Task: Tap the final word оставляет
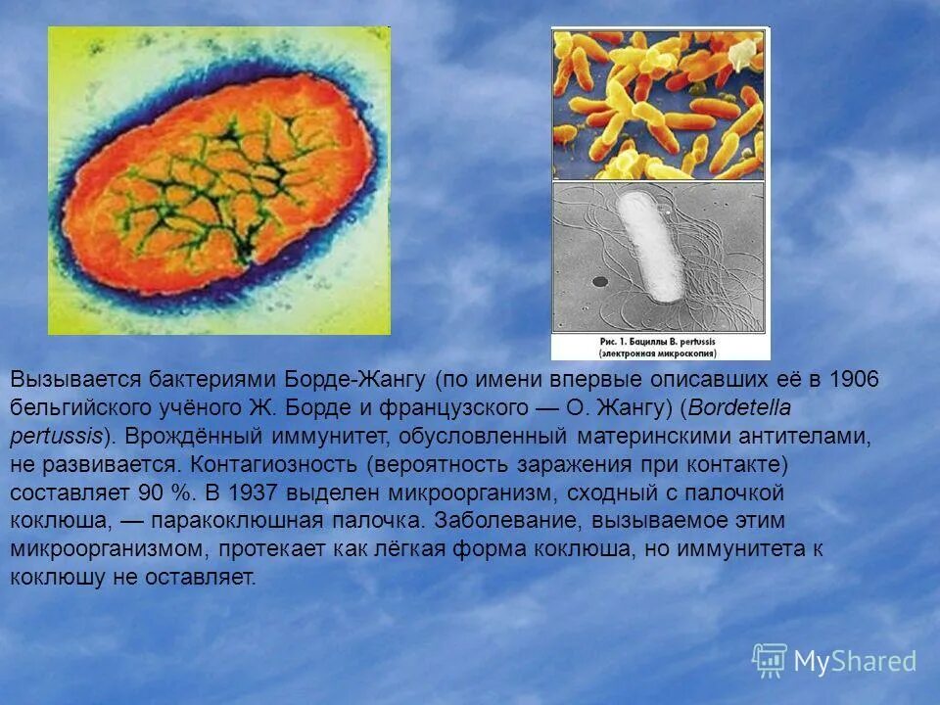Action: pos(205,579)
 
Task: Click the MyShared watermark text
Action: pos(855,662)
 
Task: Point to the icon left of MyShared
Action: pos(770,660)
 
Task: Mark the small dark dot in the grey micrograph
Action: pos(599,281)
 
